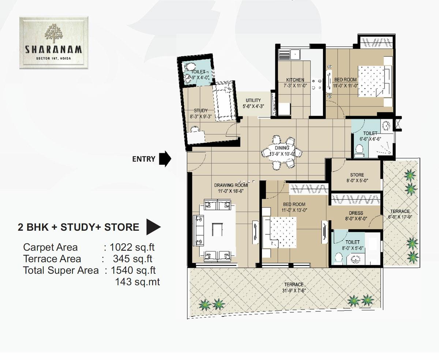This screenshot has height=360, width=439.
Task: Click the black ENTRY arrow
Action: point(166,159)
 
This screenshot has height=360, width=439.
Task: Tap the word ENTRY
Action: point(144,159)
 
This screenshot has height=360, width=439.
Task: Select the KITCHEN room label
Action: point(295,80)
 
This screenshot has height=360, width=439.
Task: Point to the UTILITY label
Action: point(253,100)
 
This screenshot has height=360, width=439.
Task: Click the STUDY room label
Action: point(201,110)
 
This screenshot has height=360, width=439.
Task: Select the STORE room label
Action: point(357,175)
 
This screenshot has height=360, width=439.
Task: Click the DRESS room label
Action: point(356,213)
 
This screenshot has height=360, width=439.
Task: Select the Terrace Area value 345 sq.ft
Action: point(132,259)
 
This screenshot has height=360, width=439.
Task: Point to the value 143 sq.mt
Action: point(137,282)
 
